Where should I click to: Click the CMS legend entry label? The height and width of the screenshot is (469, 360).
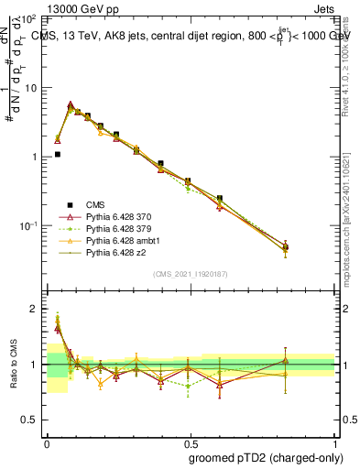click(x=95, y=204)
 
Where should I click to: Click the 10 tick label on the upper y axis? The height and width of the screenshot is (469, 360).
click(x=30, y=88)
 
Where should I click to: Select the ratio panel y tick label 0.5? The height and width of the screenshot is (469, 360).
click(x=30, y=420)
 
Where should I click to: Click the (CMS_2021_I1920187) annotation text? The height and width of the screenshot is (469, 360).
click(x=191, y=274)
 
